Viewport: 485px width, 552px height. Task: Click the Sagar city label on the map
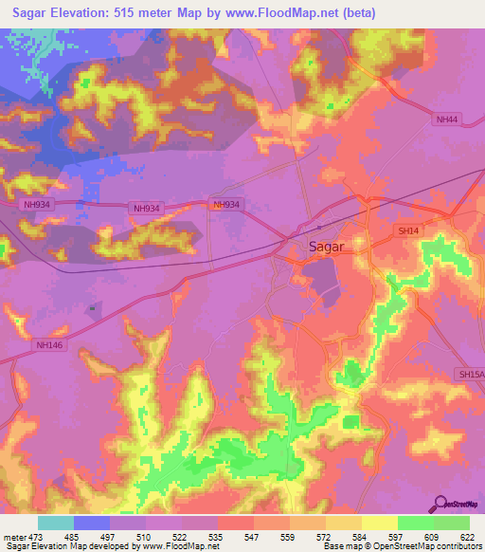coord(327,246)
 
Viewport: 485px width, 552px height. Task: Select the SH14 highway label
coord(407,230)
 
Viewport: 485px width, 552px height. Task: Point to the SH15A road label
coord(470,375)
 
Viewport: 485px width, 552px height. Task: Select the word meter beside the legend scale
coord(14,536)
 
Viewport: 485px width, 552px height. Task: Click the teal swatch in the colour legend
coord(56,523)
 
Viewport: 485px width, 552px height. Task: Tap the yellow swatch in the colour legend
coord(380,523)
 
